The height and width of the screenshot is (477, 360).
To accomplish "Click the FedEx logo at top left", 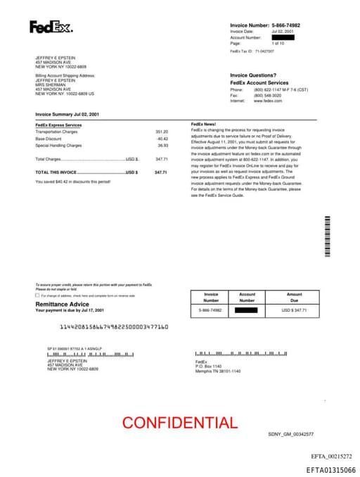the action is point(51,28).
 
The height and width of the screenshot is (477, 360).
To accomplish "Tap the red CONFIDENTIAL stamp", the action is point(180,423).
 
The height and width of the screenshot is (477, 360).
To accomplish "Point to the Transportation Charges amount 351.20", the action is point(162,132).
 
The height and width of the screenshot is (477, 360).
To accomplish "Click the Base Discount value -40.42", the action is point(162,139).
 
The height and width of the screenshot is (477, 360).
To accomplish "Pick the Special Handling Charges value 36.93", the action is point(162,146).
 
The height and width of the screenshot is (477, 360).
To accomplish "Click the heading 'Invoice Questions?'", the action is point(254,75).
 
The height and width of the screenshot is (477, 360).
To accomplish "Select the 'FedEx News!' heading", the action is point(203,124).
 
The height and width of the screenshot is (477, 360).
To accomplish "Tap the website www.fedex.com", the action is point(268,101).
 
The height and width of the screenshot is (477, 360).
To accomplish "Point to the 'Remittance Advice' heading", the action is point(63,304).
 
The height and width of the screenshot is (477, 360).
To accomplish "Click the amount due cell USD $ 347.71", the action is point(295,310).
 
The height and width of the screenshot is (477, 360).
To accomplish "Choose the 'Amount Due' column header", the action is point(295,297).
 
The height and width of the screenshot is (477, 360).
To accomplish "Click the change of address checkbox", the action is point(37,295).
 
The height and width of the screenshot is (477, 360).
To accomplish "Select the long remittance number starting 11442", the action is point(114,327).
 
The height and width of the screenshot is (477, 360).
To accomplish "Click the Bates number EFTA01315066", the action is point(330,470).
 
